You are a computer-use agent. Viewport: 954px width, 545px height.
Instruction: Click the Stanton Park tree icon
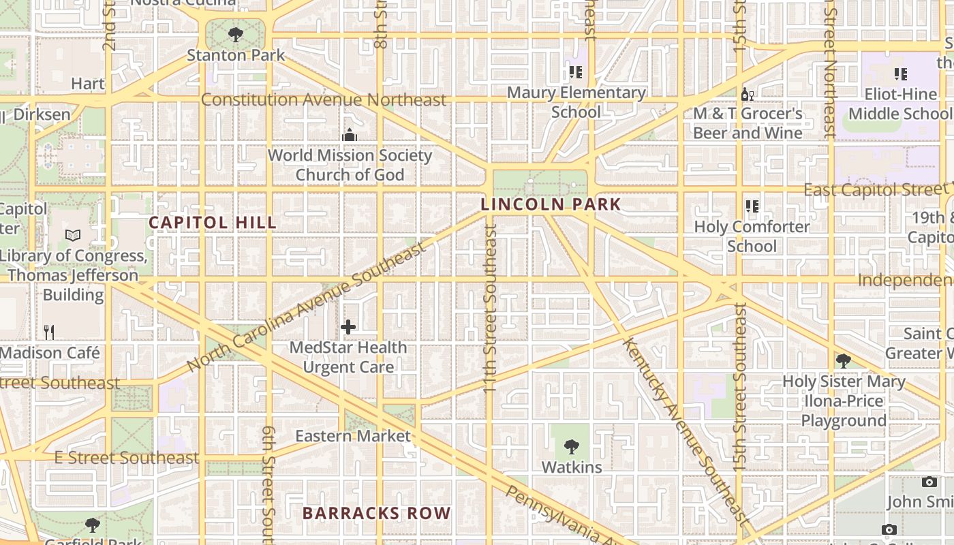(236, 34)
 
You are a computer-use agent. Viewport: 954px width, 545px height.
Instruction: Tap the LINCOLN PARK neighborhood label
(551, 204)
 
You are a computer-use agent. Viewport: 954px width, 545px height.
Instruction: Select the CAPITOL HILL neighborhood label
(213, 223)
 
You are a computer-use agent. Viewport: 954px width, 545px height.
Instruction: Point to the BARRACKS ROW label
(376, 513)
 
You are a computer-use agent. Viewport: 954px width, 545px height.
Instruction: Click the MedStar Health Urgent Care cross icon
(348, 327)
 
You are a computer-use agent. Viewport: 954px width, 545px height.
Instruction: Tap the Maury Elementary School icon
(576, 72)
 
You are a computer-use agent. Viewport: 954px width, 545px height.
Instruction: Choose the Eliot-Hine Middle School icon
(900, 74)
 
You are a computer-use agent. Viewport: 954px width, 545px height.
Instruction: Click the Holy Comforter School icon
(752, 206)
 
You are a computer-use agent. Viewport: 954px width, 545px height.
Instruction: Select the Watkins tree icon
(571, 447)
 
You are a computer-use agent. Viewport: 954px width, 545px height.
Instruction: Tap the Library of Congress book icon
(73, 236)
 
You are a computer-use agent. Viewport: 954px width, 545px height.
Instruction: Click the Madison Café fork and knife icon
(48, 332)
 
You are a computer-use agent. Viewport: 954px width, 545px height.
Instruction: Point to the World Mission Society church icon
(350, 135)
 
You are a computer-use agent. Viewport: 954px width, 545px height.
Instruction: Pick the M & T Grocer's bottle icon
(747, 94)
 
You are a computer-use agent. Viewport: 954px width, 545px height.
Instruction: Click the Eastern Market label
(353, 436)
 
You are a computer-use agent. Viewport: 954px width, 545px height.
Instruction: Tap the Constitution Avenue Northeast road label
(324, 100)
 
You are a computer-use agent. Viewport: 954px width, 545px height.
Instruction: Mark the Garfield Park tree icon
(93, 525)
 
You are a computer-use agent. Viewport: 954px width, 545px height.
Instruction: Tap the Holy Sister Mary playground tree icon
(843, 361)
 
